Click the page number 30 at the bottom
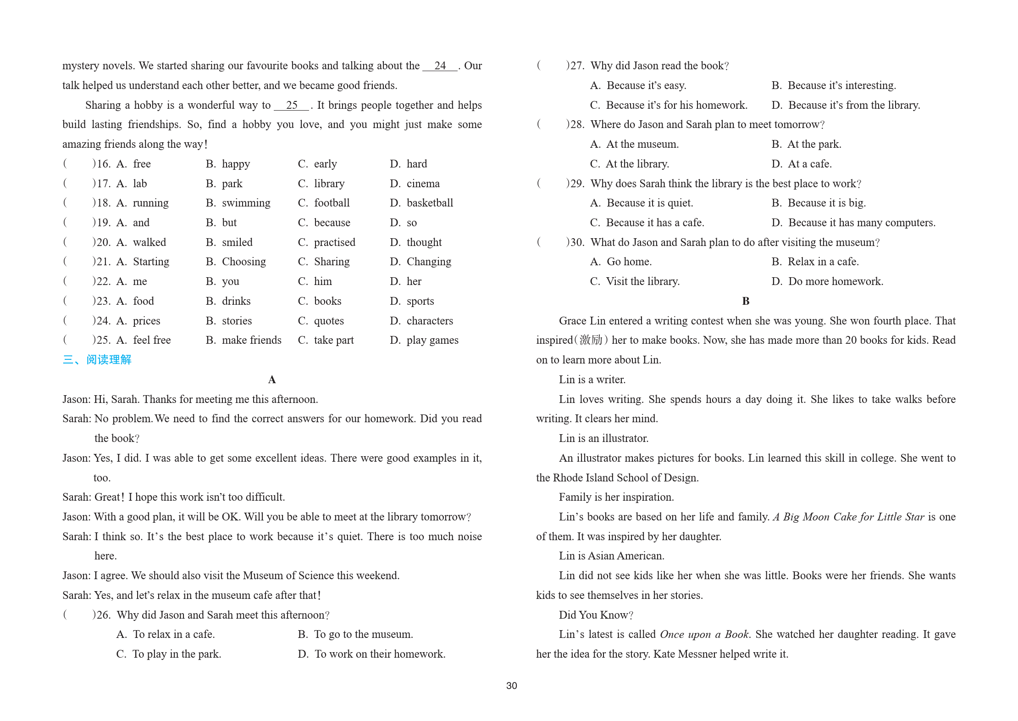click(511, 685)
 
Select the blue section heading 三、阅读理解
click(97, 359)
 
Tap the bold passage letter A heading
click(272, 380)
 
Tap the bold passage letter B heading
click(746, 301)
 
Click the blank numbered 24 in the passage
click(440, 66)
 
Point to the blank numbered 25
click(292, 105)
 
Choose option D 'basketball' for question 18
click(429, 203)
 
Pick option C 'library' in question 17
click(329, 184)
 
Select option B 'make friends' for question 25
click(251, 340)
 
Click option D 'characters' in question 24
click(429, 321)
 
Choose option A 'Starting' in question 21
click(150, 262)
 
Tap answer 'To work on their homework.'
click(380, 654)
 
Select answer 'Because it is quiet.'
click(649, 203)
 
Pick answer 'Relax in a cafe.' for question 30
click(823, 262)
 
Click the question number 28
click(576, 124)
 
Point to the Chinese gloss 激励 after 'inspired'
click(591, 340)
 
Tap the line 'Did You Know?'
click(596, 615)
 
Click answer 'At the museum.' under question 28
click(642, 144)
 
